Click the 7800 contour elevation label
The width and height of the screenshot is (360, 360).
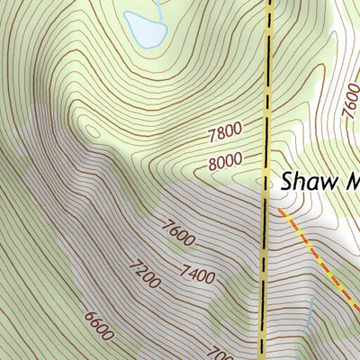pos(225,134)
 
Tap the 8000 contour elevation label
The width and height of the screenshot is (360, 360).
pos(225,163)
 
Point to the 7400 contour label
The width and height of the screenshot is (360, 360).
pos(196,274)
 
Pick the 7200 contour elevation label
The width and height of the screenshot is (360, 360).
pos(143,275)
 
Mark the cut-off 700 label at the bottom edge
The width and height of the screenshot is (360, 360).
pos(214,352)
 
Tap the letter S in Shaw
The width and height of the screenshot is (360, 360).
pos(287,181)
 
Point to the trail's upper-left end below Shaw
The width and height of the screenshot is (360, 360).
pos(280,210)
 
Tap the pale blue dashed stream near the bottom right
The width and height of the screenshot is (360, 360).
pos(309,315)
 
